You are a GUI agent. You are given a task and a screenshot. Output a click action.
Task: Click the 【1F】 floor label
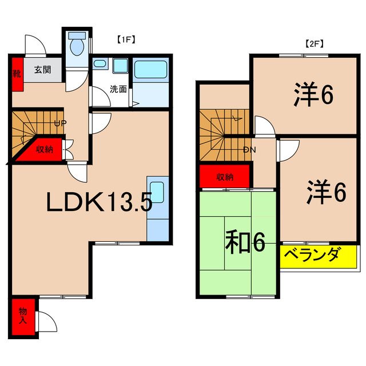point(125,41)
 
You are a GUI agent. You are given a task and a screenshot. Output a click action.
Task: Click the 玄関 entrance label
point(42,70)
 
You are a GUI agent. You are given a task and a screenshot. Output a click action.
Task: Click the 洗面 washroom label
point(118,89)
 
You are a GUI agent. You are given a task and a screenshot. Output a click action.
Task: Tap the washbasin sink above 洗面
point(120,66)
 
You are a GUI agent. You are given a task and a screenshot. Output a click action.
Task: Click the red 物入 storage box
point(22,316)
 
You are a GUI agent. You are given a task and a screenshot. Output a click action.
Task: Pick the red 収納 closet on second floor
point(224,176)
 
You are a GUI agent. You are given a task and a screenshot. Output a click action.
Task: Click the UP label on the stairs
point(59,124)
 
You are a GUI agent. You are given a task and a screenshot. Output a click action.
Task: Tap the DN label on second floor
point(249,150)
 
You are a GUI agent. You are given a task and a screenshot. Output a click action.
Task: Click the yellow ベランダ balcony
point(319,256)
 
